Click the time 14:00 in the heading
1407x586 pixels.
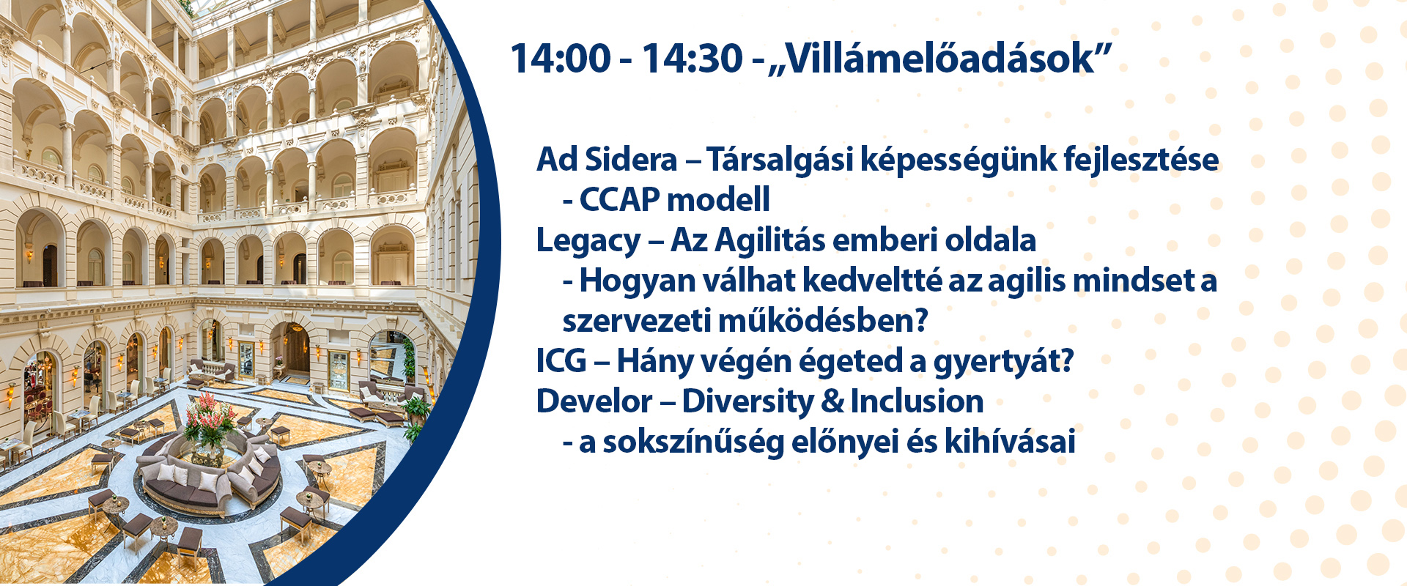560,58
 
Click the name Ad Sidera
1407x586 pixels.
607,160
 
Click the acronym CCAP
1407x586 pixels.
619,199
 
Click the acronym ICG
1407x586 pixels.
561,361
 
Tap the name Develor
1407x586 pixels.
594,401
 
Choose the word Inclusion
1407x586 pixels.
917,401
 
